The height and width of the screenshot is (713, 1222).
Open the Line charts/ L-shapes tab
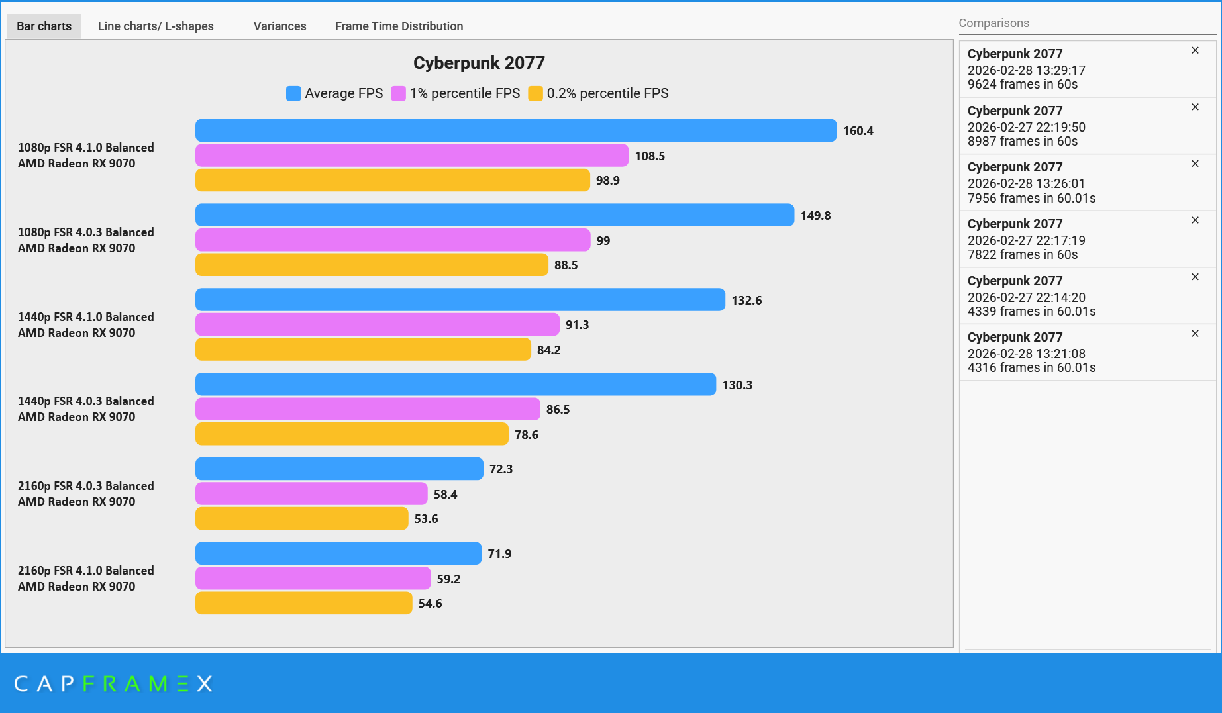156,26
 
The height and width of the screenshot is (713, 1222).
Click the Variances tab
280,26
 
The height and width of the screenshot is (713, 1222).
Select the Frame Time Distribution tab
399,26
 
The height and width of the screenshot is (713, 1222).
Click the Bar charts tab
44,26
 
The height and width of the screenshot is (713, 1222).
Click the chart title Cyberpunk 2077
479,63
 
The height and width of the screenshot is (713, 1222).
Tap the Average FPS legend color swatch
293,93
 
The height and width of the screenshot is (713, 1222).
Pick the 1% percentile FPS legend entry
464,93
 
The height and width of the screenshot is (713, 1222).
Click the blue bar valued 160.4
515,130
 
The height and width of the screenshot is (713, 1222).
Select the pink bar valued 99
392,240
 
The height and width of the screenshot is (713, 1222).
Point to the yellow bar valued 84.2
363,350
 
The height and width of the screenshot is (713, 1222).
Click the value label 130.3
737,385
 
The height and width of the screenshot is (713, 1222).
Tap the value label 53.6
426,519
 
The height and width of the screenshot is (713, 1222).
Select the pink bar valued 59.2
313,579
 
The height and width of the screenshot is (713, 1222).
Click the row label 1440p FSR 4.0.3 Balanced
85,401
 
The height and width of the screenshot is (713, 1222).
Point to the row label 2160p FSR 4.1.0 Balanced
85,571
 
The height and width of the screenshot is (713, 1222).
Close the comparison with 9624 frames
1195,50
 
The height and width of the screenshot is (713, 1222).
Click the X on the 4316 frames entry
1195,334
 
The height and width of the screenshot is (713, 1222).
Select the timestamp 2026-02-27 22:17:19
1026,240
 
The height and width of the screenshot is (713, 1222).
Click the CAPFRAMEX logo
113,683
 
